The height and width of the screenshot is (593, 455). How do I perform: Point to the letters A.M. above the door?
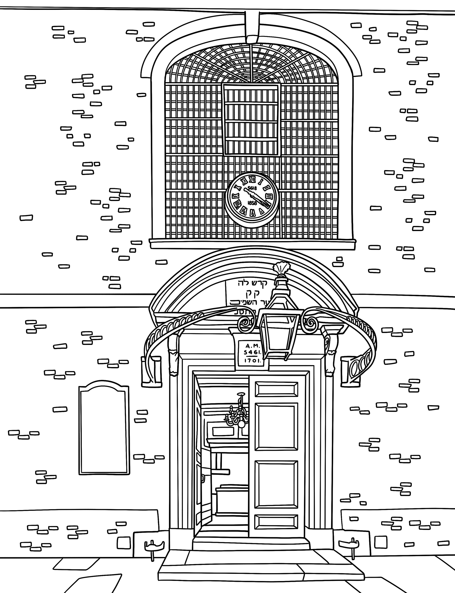pos(252,346)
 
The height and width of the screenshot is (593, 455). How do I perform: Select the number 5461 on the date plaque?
pos(252,353)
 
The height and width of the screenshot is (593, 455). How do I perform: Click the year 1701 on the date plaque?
pos(252,361)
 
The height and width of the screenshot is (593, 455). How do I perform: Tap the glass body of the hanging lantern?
pos(279,336)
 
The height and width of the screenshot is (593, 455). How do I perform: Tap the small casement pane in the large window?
pos(251,119)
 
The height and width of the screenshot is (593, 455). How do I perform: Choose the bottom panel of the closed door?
pos(276,521)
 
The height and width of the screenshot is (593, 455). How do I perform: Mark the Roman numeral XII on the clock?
pos(253,179)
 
